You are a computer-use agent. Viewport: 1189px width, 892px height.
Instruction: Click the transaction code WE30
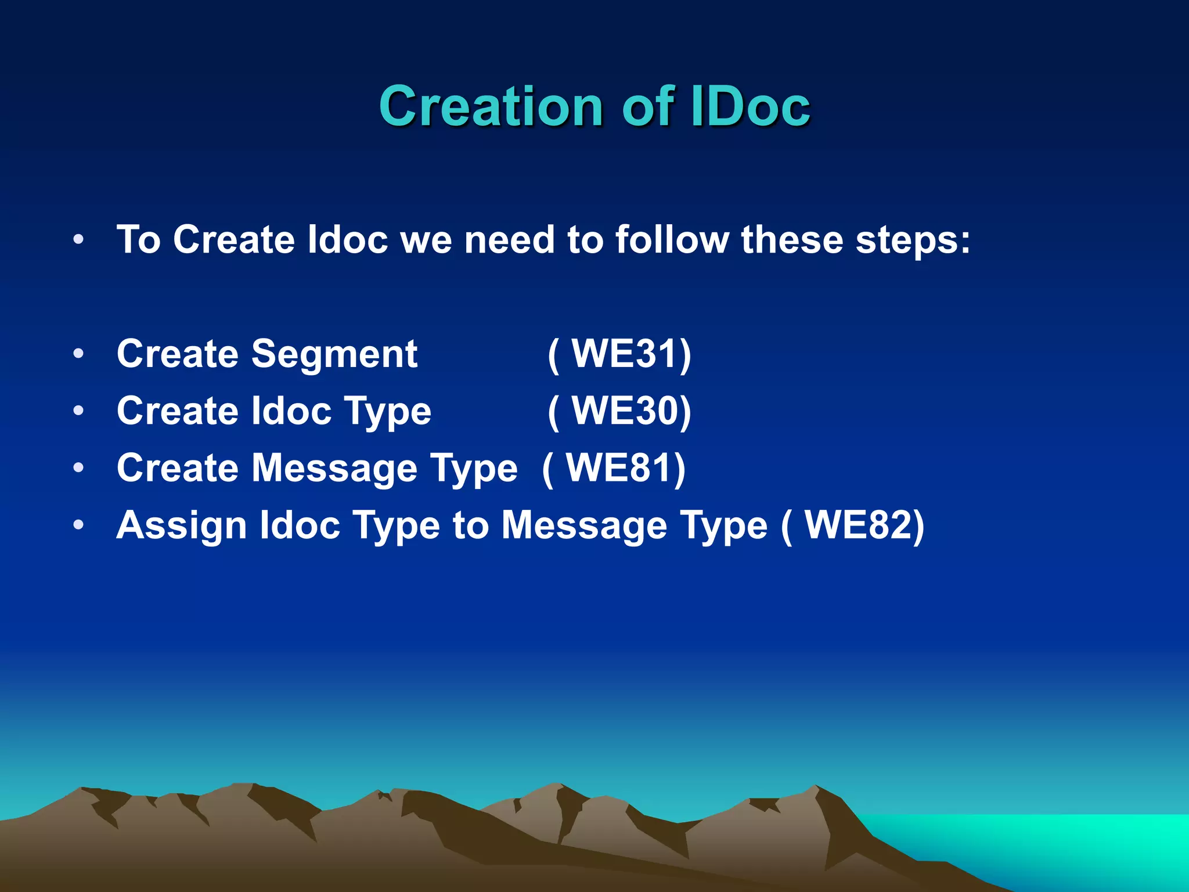626,411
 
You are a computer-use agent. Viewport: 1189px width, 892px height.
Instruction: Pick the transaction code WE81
620,467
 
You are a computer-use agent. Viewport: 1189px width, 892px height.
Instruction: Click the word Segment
334,354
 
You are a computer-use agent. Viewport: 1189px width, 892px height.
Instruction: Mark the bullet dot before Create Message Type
79,467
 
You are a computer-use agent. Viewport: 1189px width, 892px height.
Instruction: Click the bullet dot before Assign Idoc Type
79,525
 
